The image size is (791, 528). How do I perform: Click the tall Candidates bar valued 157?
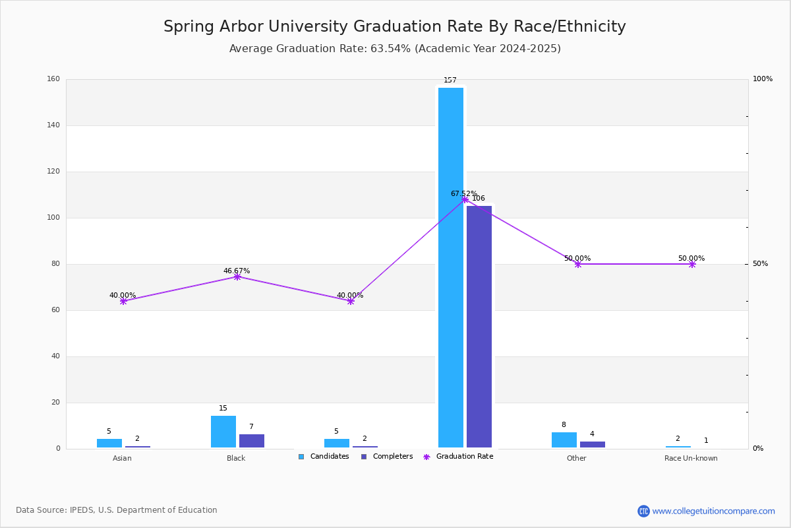click(450, 267)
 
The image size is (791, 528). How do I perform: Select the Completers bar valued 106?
click(479, 327)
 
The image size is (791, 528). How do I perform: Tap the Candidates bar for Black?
click(223, 432)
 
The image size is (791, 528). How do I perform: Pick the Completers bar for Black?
click(251, 441)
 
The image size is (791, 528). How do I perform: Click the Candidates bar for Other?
click(564, 440)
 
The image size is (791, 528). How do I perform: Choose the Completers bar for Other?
click(592, 445)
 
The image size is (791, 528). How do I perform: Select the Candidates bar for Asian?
click(109, 443)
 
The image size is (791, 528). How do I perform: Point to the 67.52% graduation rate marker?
click(465, 199)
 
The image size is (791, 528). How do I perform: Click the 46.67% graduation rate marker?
click(237, 277)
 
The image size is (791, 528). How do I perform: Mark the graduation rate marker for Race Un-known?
click(691, 264)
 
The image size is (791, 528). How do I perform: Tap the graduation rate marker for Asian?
click(123, 301)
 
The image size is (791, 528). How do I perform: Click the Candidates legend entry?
click(324, 457)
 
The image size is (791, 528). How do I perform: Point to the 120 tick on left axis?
click(53, 172)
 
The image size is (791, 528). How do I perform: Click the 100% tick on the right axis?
click(762, 79)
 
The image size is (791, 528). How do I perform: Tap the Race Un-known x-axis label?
click(691, 458)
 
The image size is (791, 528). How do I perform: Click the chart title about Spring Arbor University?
click(394, 27)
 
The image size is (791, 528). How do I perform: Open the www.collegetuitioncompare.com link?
click(713, 511)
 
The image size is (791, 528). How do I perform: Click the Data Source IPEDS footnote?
click(117, 510)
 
